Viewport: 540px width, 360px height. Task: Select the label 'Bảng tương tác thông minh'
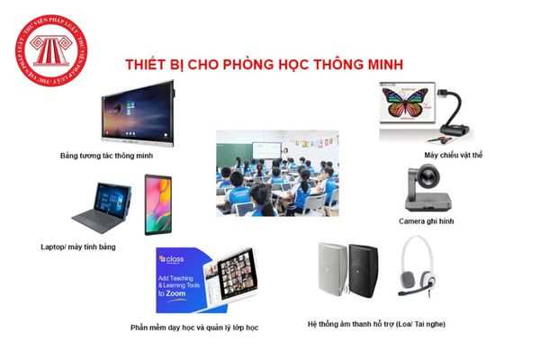(107, 156)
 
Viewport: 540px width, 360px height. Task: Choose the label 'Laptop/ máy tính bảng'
(78, 246)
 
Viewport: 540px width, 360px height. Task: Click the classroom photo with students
(275, 172)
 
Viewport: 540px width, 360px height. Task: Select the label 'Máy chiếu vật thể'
(454, 156)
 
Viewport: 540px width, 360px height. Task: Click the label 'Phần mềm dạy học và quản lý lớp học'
(194, 328)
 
